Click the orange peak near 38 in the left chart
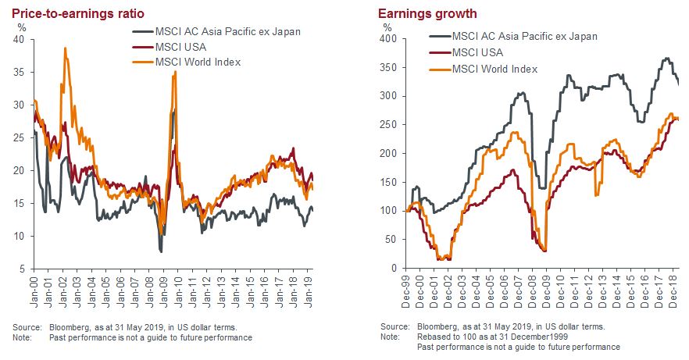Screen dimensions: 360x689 [x=65, y=49]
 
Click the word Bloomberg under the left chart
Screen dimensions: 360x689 [x=74, y=326]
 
